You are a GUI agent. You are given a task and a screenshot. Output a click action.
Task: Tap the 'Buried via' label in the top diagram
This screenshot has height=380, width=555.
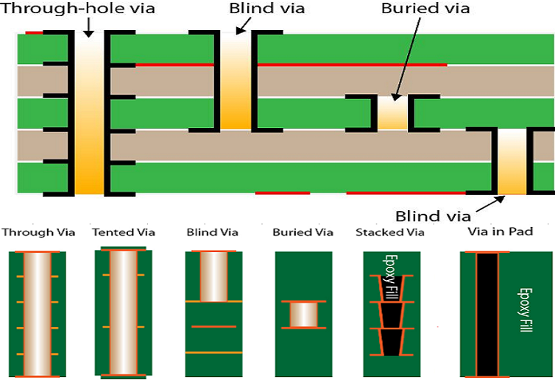(x=425, y=9)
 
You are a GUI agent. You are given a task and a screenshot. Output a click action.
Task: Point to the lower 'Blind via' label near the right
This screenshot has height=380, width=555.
(x=433, y=216)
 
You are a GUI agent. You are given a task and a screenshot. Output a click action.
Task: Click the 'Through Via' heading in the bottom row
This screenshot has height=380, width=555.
(x=38, y=233)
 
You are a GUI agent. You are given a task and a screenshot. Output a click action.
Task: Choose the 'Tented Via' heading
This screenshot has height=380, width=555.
(x=124, y=233)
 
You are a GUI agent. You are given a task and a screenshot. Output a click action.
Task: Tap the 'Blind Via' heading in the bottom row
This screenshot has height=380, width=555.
(x=212, y=233)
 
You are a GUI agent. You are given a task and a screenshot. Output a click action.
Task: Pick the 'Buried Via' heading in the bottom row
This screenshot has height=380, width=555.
(x=303, y=233)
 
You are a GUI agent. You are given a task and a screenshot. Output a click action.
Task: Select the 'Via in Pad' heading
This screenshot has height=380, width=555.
(x=501, y=232)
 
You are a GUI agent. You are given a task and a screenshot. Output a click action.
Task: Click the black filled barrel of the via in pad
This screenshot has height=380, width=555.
(x=487, y=315)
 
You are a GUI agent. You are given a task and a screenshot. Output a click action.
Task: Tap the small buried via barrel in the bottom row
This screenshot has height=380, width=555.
(x=303, y=315)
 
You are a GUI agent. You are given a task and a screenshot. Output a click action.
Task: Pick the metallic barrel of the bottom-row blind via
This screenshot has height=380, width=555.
(x=213, y=276)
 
